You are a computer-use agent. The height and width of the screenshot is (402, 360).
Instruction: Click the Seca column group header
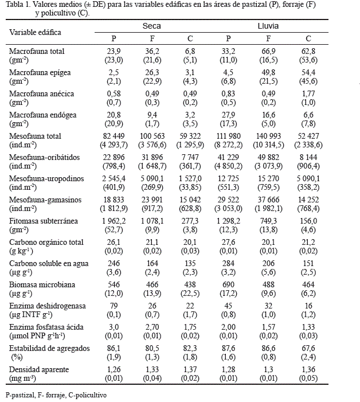click(x=151, y=26)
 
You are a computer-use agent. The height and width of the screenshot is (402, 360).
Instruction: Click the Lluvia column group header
click(x=268, y=26)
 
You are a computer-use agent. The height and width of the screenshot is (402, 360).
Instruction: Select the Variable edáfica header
click(x=35, y=32)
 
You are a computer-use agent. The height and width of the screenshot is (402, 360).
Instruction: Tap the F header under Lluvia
click(x=268, y=38)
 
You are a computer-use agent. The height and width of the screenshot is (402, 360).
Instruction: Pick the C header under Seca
click(x=190, y=38)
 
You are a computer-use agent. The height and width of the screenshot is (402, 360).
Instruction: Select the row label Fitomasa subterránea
click(x=42, y=220)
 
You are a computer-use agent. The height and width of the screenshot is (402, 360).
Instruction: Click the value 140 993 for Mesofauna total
click(x=268, y=136)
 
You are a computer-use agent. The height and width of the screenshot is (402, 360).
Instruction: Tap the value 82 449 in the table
click(x=113, y=136)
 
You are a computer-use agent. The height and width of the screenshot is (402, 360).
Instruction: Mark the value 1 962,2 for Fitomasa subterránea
click(x=113, y=220)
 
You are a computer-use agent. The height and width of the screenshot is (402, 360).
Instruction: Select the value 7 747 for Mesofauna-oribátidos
click(x=190, y=157)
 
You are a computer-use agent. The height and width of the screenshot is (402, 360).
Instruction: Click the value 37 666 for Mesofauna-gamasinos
click(x=268, y=199)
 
